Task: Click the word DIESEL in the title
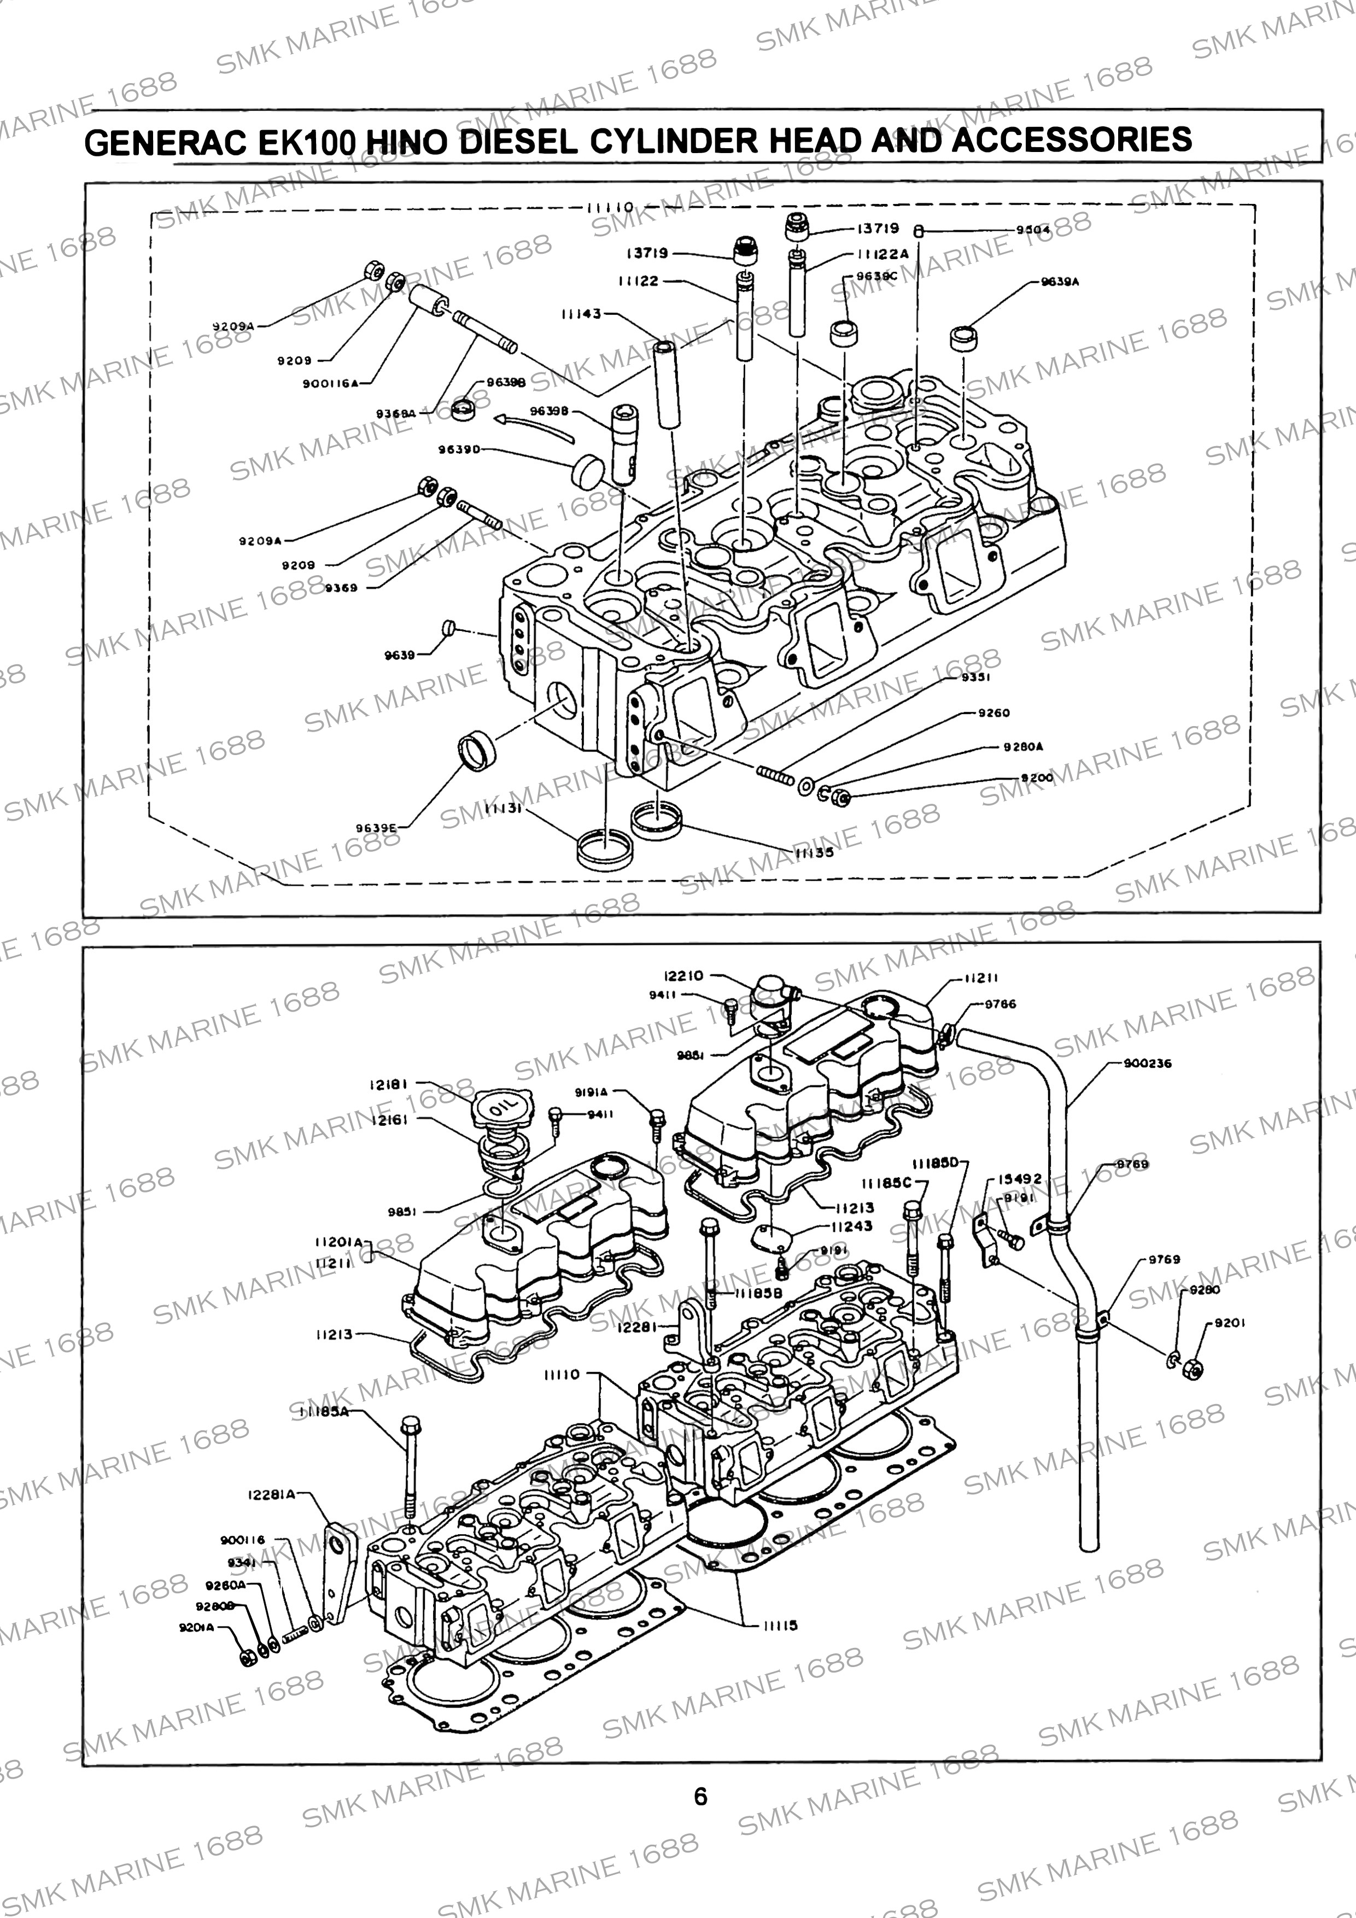(x=519, y=141)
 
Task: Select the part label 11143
(x=581, y=314)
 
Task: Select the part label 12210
(x=683, y=976)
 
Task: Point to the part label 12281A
(x=272, y=1494)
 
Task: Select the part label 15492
(x=1020, y=1179)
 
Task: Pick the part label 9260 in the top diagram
(x=994, y=712)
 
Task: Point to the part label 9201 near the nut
(x=1230, y=1323)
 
